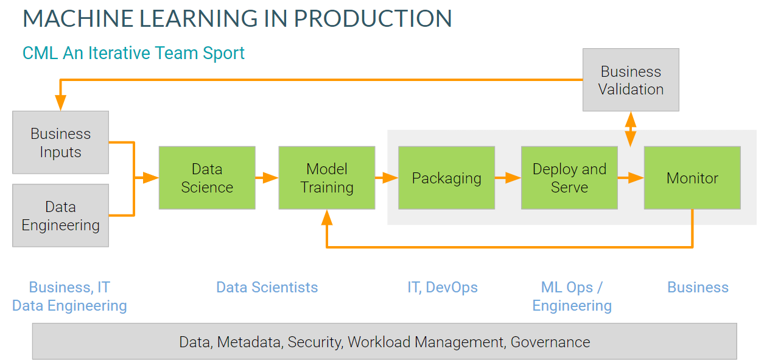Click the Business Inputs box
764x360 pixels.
click(x=60, y=143)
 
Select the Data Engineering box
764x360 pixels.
click(x=60, y=216)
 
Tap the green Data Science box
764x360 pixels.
click(x=206, y=178)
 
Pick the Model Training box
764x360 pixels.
click(x=326, y=178)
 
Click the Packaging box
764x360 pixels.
click(x=446, y=178)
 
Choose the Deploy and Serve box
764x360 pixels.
click(x=569, y=178)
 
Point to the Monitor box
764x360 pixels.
click(x=692, y=178)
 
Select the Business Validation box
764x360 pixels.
click(x=631, y=80)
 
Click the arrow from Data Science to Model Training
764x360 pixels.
click(x=267, y=178)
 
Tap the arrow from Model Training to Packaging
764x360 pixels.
click(x=387, y=178)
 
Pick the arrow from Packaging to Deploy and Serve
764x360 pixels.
click(x=508, y=178)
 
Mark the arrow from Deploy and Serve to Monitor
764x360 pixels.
click(x=631, y=178)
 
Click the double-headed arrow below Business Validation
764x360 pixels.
click(x=631, y=129)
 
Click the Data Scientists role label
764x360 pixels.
click(x=267, y=288)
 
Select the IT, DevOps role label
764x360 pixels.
click(x=443, y=288)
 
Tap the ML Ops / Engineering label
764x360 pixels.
click(x=572, y=296)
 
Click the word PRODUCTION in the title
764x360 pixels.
click(x=373, y=19)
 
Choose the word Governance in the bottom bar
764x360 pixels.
click(x=550, y=342)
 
